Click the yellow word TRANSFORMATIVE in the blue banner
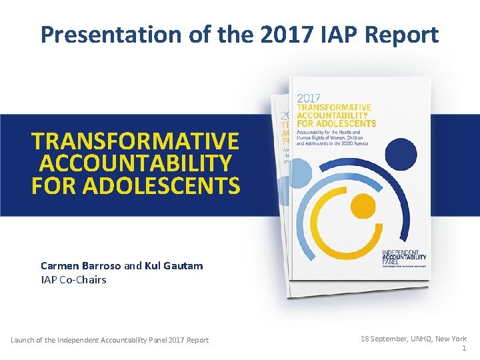pyautogui.click(x=135, y=141)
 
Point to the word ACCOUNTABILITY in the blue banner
pyautogui.click(x=135, y=163)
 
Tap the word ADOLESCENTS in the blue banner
pyautogui.click(x=135, y=185)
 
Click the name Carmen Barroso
pyautogui.click(x=81, y=265)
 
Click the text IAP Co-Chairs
pyautogui.click(x=73, y=279)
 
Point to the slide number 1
pyautogui.click(x=463, y=349)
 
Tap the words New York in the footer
pyautogui.click(x=451, y=339)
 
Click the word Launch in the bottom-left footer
pyautogui.click(x=24, y=340)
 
